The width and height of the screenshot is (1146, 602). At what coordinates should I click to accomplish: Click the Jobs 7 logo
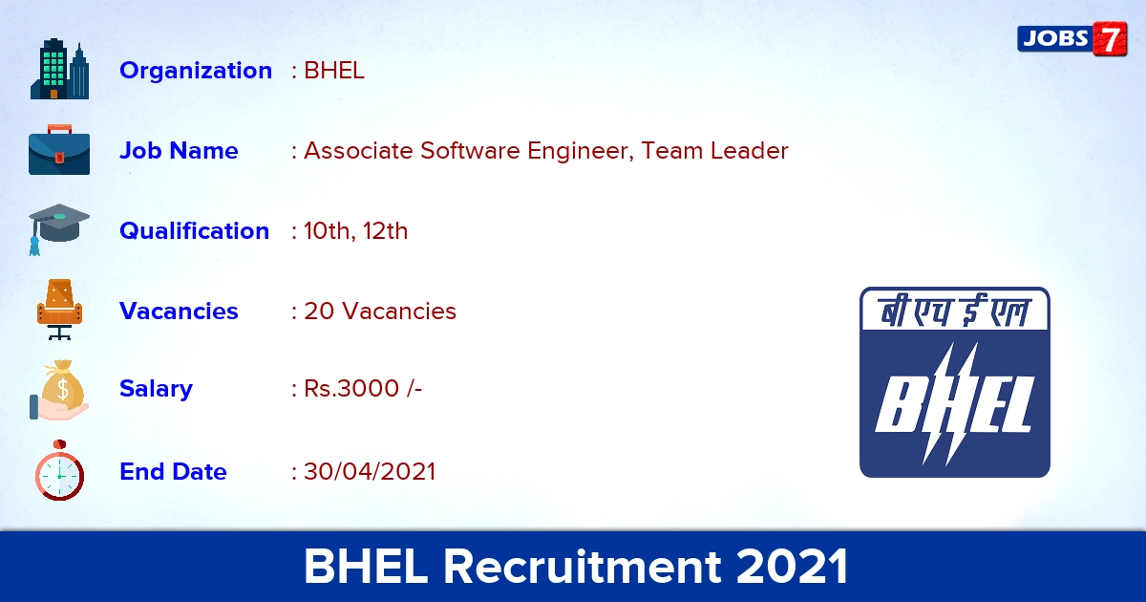pos(1072,39)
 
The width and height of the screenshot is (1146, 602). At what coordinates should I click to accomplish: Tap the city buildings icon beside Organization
pos(59,69)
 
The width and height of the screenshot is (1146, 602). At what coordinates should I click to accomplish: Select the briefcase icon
pos(59,149)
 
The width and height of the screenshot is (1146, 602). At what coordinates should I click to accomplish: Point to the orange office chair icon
pos(59,310)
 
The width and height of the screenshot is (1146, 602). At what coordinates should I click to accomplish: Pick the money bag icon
pos(59,390)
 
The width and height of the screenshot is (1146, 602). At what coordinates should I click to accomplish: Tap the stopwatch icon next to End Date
pos(59,470)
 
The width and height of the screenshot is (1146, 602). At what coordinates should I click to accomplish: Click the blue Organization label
pos(196,70)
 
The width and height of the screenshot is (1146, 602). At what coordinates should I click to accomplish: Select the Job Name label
pos(179,151)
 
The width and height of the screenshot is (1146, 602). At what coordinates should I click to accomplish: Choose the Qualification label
pos(195,231)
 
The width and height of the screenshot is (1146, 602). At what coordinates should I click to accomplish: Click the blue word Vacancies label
pos(179,311)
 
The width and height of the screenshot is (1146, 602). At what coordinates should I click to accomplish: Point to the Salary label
pos(156,389)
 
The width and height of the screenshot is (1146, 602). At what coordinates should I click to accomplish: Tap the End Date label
pos(173,471)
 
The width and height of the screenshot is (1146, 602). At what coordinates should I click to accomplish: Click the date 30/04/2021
pos(370,471)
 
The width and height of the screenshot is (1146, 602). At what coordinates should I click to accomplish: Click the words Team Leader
pos(714,151)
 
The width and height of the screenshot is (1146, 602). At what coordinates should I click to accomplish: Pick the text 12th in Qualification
pos(385,231)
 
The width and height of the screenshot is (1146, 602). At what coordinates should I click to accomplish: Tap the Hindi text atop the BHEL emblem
pos(955,312)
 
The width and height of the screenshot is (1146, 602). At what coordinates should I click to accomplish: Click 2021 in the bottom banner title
pos(793,567)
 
